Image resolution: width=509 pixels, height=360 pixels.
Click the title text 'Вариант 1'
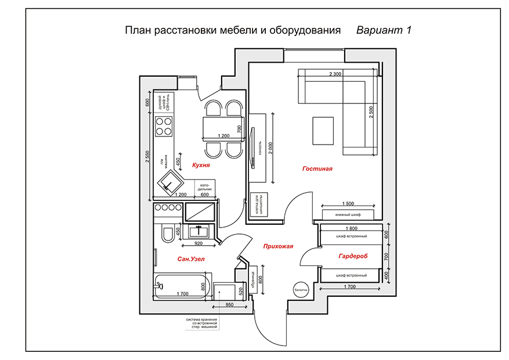coord(384,30)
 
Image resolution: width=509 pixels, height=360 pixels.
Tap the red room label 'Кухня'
coord(200,165)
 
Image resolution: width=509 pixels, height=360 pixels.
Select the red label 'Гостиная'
coord(317,169)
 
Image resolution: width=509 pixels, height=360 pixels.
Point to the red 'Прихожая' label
coord(276,246)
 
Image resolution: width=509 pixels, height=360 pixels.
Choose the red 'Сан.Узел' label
coord(191,258)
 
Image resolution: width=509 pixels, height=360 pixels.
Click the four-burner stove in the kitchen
coord(164,126)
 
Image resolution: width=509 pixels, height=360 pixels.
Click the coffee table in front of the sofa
coord(323,131)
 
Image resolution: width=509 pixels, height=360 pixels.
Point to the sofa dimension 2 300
coord(335,74)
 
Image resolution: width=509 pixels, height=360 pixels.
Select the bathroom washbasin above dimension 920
coord(198,232)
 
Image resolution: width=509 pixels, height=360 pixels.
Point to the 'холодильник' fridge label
coord(207,187)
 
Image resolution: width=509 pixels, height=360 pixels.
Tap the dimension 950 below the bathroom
coord(229,304)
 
